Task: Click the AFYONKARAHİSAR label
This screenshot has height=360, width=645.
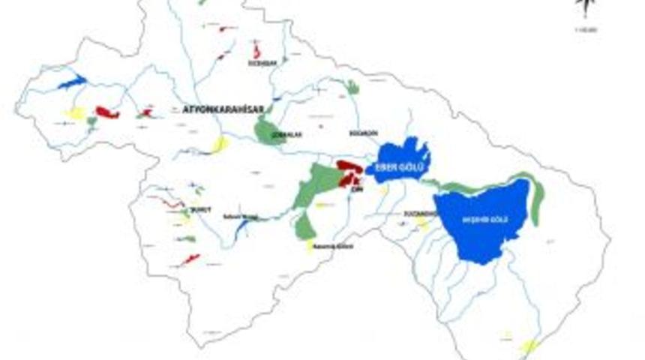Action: [223, 109]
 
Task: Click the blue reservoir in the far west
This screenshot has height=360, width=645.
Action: [72, 81]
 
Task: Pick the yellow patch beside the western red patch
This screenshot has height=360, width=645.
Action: [75, 113]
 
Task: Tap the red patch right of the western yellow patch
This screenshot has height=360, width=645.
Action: [107, 113]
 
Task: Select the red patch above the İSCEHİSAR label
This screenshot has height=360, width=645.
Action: [256, 52]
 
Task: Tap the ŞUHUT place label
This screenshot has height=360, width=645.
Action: [197, 209]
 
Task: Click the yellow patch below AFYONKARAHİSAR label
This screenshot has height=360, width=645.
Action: [220, 143]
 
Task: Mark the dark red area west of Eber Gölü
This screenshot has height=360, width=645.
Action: [349, 172]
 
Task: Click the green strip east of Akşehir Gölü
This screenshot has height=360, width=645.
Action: [536, 199]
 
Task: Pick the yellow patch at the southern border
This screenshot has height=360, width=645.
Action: [530, 346]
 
